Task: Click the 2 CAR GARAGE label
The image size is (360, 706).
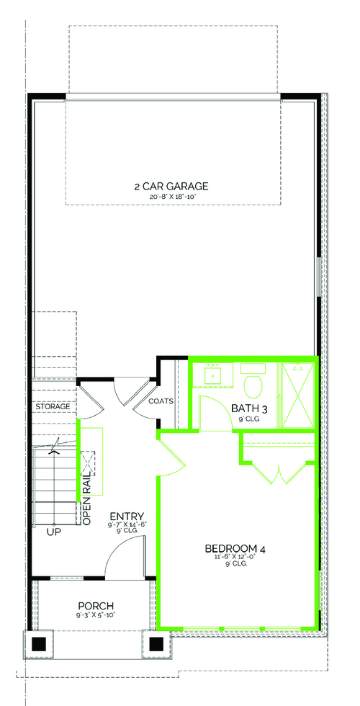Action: click(171, 186)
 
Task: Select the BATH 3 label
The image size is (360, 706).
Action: click(250, 409)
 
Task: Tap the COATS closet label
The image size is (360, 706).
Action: click(161, 401)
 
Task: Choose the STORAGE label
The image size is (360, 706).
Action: click(53, 406)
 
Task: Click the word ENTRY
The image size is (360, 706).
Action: click(127, 516)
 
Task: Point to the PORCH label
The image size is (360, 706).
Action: click(95, 606)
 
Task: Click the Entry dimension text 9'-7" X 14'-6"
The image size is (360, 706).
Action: click(127, 524)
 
